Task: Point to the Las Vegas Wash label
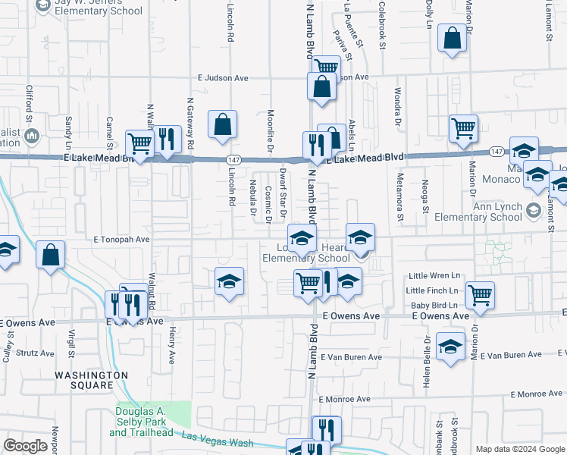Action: click(215, 438)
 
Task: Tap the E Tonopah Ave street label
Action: click(122, 239)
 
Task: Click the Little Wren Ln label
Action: click(434, 277)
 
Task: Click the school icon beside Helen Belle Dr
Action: click(450, 348)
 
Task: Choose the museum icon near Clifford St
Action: click(32, 136)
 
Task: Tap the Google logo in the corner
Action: click(25, 446)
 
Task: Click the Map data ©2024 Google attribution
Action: click(520, 449)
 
